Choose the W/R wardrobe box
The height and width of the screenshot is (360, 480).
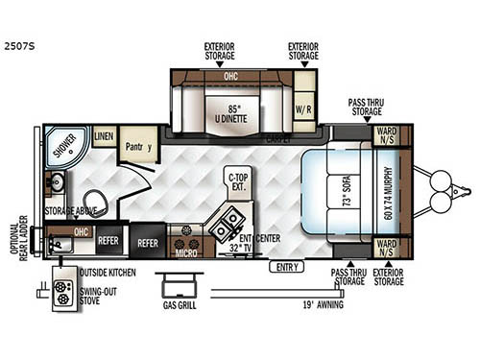coord(303,108)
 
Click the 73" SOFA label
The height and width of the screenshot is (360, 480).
coord(346,196)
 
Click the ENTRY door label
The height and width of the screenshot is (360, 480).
coord(285,266)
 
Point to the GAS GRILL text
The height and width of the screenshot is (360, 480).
coord(180,311)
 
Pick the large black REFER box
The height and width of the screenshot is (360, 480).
coord(148,243)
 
